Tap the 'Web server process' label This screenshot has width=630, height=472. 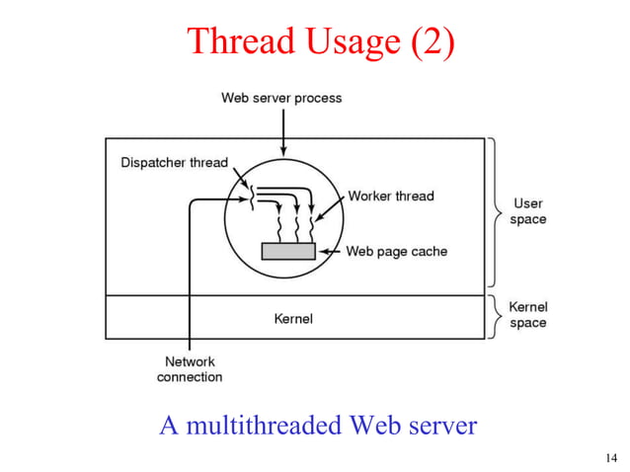tap(281, 98)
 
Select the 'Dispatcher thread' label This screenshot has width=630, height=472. tap(174, 162)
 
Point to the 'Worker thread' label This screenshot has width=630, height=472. tap(391, 196)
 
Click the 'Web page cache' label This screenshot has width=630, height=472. tap(396, 251)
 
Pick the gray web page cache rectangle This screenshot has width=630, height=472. tap(288, 251)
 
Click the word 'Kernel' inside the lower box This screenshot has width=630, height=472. tap(292, 318)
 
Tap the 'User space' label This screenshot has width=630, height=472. tap(527, 211)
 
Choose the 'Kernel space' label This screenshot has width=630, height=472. tap(527, 315)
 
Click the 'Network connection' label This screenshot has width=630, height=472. tap(190, 369)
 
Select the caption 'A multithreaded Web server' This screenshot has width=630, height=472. tap(318, 426)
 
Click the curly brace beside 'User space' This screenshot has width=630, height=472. tap(494, 212)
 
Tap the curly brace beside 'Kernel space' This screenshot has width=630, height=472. tap(494, 316)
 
